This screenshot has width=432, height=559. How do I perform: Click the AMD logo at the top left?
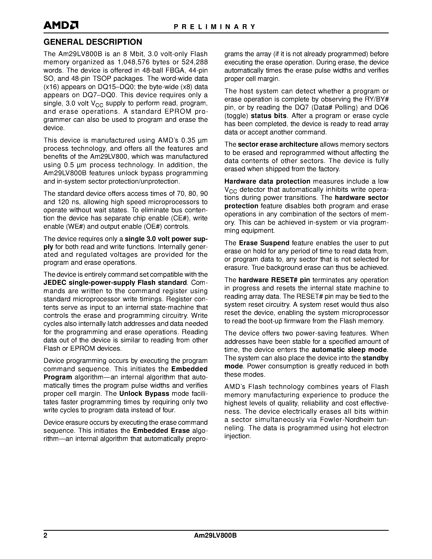pyautogui.click(x=61, y=25)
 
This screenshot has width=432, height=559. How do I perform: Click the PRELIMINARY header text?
pyautogui.click(x=214, y=27)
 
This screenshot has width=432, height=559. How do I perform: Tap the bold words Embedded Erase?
pyautogui.click(x=161, y=431)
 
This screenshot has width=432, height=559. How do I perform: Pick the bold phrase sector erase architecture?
pyautogui.click(x=278, y=145)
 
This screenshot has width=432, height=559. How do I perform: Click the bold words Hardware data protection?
pyautogui.click(x=267, y=182)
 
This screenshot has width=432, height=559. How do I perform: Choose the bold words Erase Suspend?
pyautogui.click(x=264, y=243)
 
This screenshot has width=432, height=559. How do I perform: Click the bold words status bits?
pyautogui.click(x=269, y=116)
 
